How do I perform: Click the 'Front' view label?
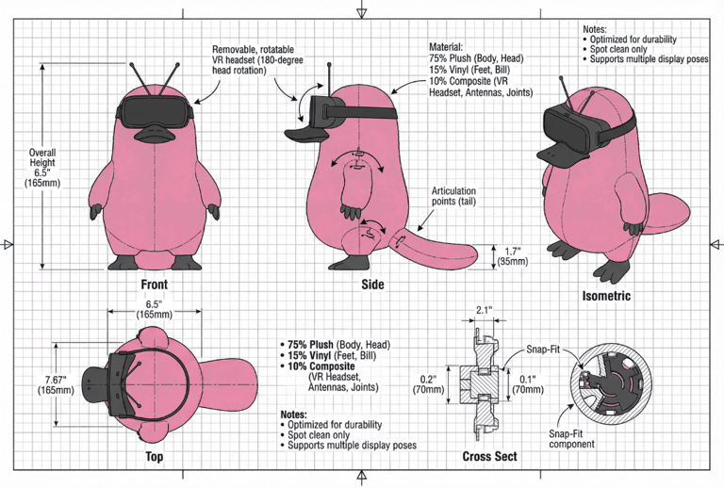(155, 285)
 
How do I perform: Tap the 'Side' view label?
(372, 285)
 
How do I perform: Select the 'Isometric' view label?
(606, 296)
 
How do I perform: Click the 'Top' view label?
(155, 456)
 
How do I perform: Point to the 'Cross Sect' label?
(489, 456)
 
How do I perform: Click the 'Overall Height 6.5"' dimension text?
(42, 168)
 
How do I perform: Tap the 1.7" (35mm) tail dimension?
(513, 256)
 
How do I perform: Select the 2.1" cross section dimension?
(483, 310)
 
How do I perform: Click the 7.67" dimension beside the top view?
(56, 384)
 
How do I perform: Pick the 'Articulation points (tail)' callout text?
(453, 196)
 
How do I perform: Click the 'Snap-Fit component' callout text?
(571, 439)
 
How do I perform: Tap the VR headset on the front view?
(155, 111)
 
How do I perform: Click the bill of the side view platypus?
(305, 134)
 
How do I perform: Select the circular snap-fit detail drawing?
(611, 383)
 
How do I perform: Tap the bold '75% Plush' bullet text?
(310, 345)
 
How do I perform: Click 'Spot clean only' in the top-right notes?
(618, 49)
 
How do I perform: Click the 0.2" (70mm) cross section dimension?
(428, 384)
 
